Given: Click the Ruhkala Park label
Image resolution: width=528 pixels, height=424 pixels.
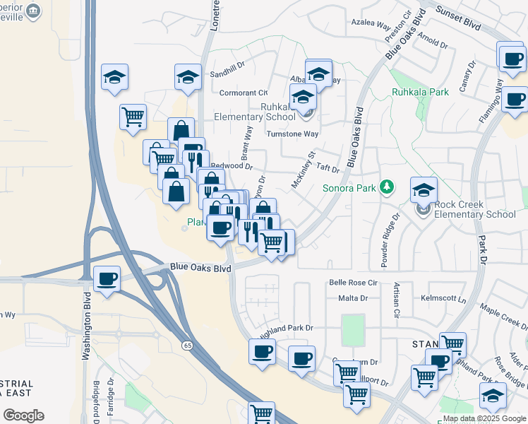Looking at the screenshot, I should [x=420, y=92].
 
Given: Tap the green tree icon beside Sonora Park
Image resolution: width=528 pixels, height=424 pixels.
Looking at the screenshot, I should [x=386, y=187].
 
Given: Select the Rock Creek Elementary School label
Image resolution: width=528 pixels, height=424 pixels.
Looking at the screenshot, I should [x=474, y=209].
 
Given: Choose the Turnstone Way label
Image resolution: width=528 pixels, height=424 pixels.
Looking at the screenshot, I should [x=292, y=134].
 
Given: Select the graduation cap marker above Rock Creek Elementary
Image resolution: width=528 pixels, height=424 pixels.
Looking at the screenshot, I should [x=424, y=189].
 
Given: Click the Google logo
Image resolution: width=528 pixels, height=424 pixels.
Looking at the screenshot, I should [x=23, y=415].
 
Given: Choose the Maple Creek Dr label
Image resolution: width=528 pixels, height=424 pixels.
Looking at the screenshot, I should [x=503, y=317].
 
